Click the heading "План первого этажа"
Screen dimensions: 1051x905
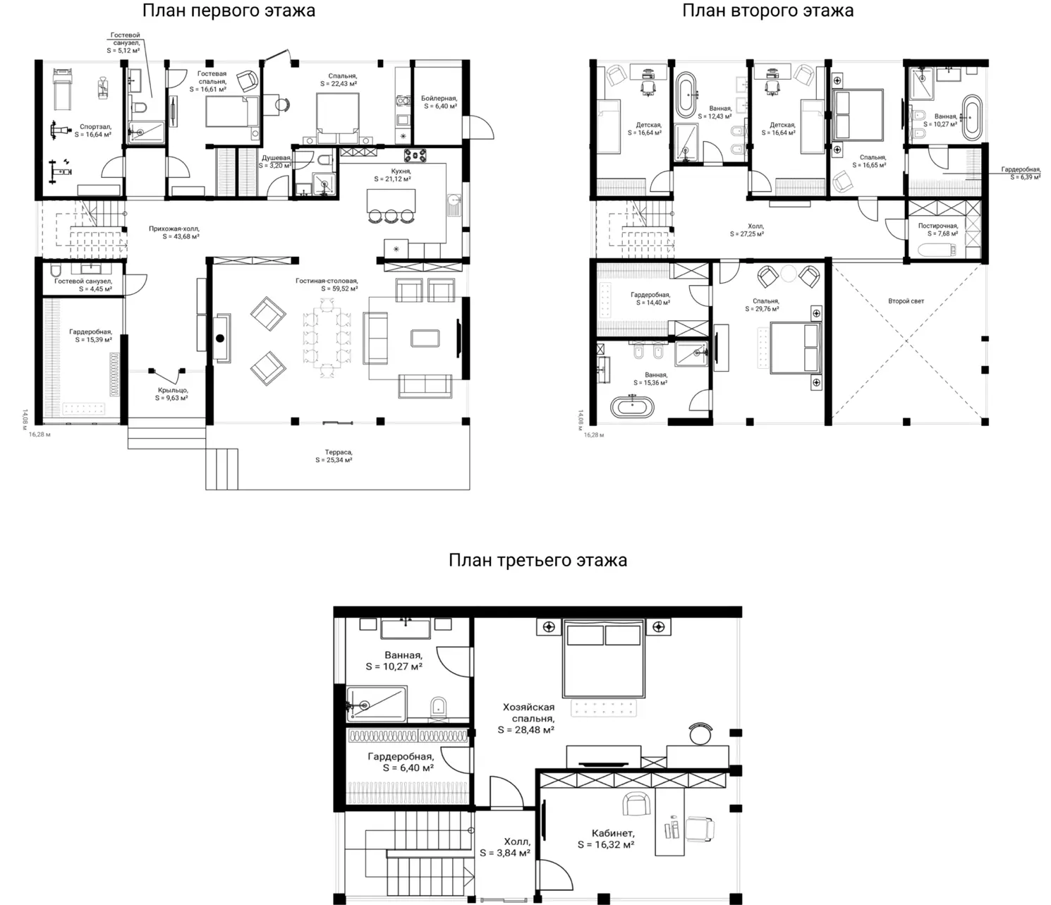pos(229,11)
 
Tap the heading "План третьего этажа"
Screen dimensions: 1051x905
pos(537,560)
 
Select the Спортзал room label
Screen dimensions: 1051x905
pos(95,126)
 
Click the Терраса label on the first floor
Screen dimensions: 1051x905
pos(338,452)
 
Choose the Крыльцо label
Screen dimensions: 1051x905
pos(173,390)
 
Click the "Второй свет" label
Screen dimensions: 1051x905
pos(906,301)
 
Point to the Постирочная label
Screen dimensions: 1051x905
pos(937,226)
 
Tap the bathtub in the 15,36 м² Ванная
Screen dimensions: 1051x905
pos(632,407)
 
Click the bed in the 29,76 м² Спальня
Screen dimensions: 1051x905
pos(796,348)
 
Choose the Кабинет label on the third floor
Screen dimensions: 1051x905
pos(612,833)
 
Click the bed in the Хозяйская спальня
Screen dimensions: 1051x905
pos(604,658)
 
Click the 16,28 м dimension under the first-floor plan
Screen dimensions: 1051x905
pos(40,435)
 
